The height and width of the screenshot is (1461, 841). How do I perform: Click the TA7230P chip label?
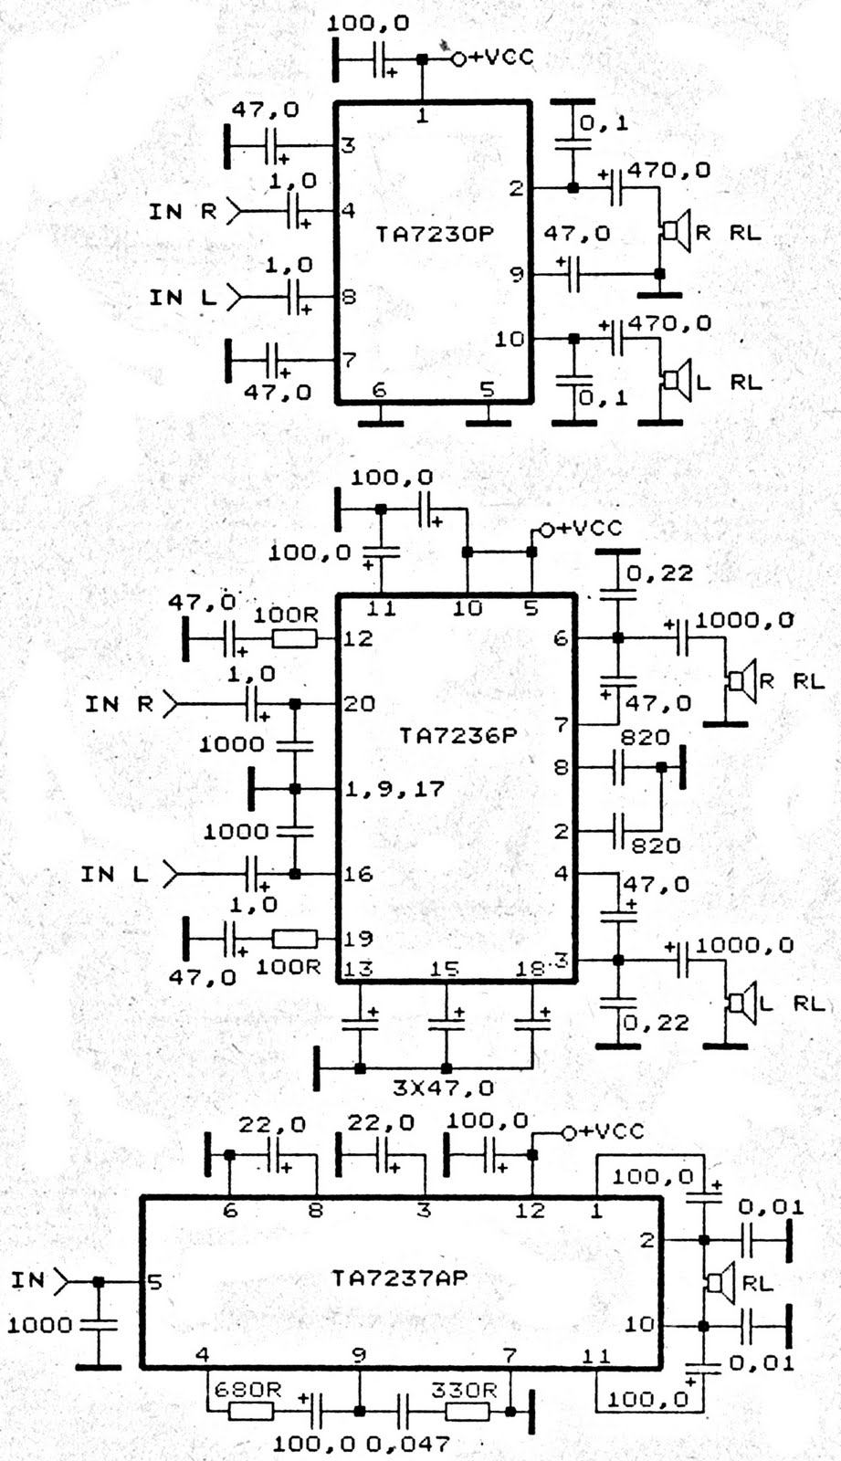[x=434, y=234]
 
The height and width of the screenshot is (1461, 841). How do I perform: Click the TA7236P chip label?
[x=457, y=735]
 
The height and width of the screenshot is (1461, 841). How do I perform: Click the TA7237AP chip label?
[x=399, y=1277]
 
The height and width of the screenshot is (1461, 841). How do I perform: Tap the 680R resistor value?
[x=247, y=1391]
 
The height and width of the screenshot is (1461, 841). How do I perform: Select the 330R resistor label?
[x=464, y=1390]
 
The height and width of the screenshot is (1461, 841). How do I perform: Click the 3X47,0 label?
[x=443, y=1088]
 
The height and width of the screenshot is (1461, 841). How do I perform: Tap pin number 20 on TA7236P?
[x=359, y=703]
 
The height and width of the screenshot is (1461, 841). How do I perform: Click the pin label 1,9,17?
[x=394, y=788]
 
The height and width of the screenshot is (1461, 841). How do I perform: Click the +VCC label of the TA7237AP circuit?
[x=610, y=1131]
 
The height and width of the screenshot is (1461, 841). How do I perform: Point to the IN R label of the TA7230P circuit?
[x=183, y=212]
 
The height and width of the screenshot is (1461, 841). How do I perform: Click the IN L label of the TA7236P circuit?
[x=114, y=874]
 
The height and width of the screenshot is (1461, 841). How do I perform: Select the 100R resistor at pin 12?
[x=295, y=637]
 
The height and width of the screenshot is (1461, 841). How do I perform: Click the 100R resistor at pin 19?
[x=295, y=938]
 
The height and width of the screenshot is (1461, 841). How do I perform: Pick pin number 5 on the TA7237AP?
[x=155, y=1282]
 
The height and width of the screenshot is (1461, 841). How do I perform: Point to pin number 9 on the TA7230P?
[x=516, y=273]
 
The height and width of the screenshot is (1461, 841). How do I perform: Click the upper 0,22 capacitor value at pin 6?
[x=659, y=573]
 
